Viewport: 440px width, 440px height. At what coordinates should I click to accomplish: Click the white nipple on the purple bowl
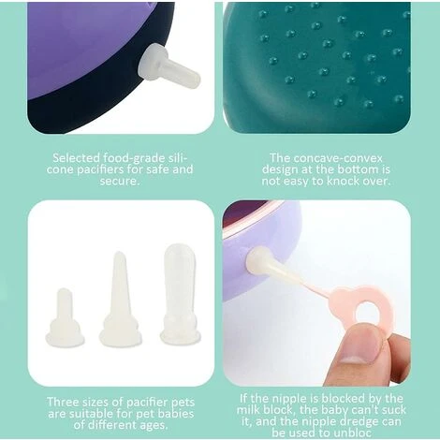pyautogui.click(x=169, y=66)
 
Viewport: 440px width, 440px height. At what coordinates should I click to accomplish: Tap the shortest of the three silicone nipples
pyautogui.click(x=65, y=317)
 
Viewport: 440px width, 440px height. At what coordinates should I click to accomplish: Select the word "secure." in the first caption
pyautogui.click(x=119, y=182)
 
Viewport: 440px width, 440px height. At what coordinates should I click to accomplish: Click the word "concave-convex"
pyautogui.click(x=338, y=158)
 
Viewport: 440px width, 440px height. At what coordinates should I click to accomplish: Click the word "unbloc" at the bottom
pyautogui.click(x=353, y=433)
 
